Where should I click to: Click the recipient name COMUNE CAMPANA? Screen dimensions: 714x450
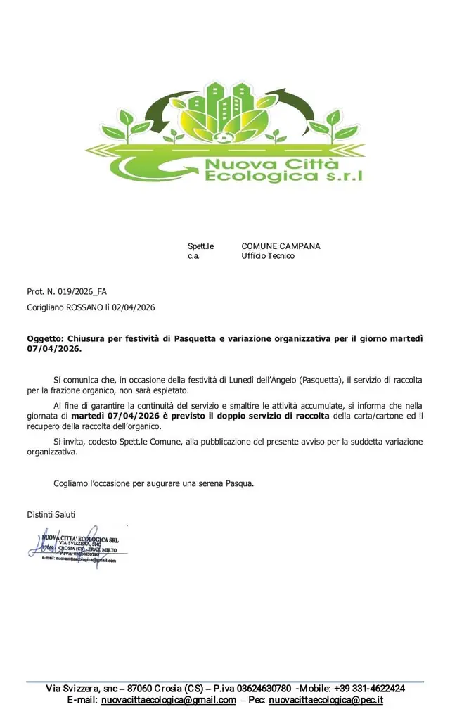pos(281,246)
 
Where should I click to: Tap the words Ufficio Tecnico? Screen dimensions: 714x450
pos(268,256)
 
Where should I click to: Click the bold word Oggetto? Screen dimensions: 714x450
pos(45,338)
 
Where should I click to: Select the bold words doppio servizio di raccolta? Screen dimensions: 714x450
pos(274,416)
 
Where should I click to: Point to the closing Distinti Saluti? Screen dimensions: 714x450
pos(51,514)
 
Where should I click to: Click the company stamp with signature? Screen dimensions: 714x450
pos(77,545)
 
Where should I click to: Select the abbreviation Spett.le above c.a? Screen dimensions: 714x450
pos(200,246)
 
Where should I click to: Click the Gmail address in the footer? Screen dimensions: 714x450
pos(168,701)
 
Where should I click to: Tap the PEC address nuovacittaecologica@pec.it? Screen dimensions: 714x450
pos(326,701)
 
